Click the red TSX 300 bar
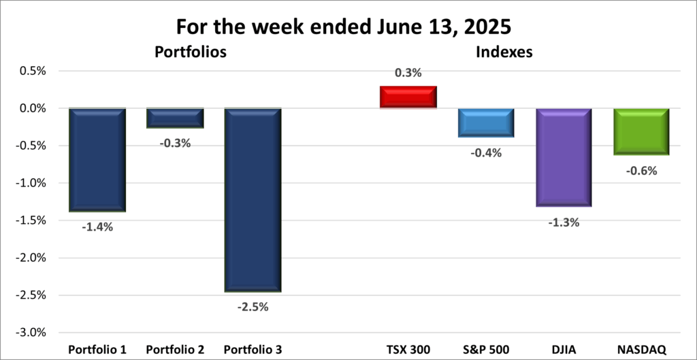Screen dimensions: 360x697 (x=408, y=97)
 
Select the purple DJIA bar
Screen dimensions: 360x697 (x=563, y=157)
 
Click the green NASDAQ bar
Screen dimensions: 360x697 (x=641, y=131)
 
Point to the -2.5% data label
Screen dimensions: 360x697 (x=253, y=307)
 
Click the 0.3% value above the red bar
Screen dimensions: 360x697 (x=408, y=73)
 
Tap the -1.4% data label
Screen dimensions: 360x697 (x=97, y=227)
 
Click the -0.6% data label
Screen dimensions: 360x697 (x=641, y=171)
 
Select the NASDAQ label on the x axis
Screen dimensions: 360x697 (x=641, y=350)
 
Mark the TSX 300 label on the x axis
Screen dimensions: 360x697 (x=408, y=350)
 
